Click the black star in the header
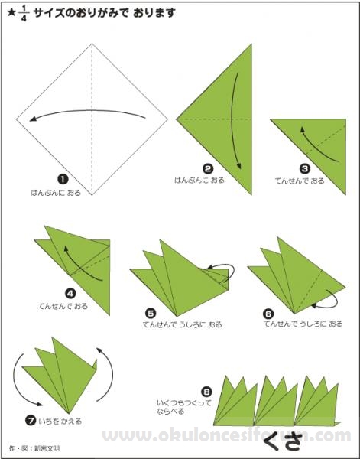(x=11, y=13)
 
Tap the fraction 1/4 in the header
(x=24, y=14)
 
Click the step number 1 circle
(x=63, y=179)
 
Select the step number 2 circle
(x=208, y=169)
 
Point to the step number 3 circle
(x=305, y=168)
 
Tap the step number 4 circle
(x=70, y=293)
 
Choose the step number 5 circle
(x=151, y=314)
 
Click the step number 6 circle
(x=268, y=314)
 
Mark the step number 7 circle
(x=31, y=421)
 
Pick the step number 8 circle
(x=206, y=392)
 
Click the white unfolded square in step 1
(x=92, y=119)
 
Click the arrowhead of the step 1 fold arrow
(x=33, y=119)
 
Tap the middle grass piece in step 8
(x=275, y=400)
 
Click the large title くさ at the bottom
(x=282, y=441)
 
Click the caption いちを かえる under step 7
(x=60, y=422)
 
